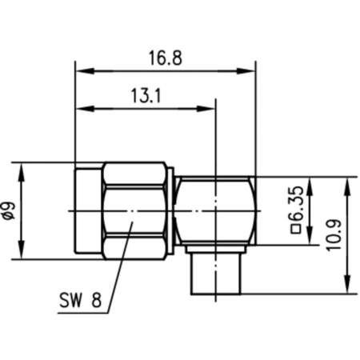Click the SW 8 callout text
80,302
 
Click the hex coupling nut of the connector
134,210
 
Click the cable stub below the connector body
216,274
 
